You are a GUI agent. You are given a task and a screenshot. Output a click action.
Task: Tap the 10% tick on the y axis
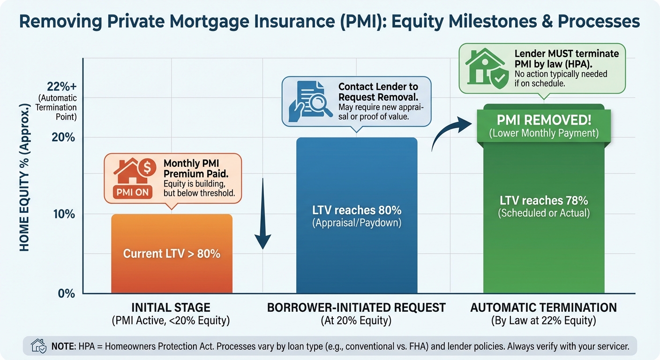pyautogui.click(x=65, y=215)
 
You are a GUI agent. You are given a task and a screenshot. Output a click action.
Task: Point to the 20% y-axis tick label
pyautogui.click(x=64, y=138)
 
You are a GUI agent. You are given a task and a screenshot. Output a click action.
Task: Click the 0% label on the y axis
pyautogui.click(x=67, y=293)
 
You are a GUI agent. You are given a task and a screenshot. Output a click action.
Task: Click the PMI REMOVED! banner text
pyautogui.click(x=544, y=120)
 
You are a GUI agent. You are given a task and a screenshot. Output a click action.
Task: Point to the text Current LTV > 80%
pyautogui.click(x=172, y=254)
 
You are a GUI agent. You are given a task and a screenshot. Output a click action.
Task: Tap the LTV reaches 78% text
pyautogui.click(x=544, y=200)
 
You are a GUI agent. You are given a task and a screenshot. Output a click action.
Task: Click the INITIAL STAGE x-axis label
pyautogui.click(x=171, y=308)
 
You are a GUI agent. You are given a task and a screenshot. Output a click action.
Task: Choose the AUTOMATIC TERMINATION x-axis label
pyautogui.click(x=544, y=308)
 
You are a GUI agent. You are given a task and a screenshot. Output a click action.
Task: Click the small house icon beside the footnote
pyautogui.click(x=38, y=347)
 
